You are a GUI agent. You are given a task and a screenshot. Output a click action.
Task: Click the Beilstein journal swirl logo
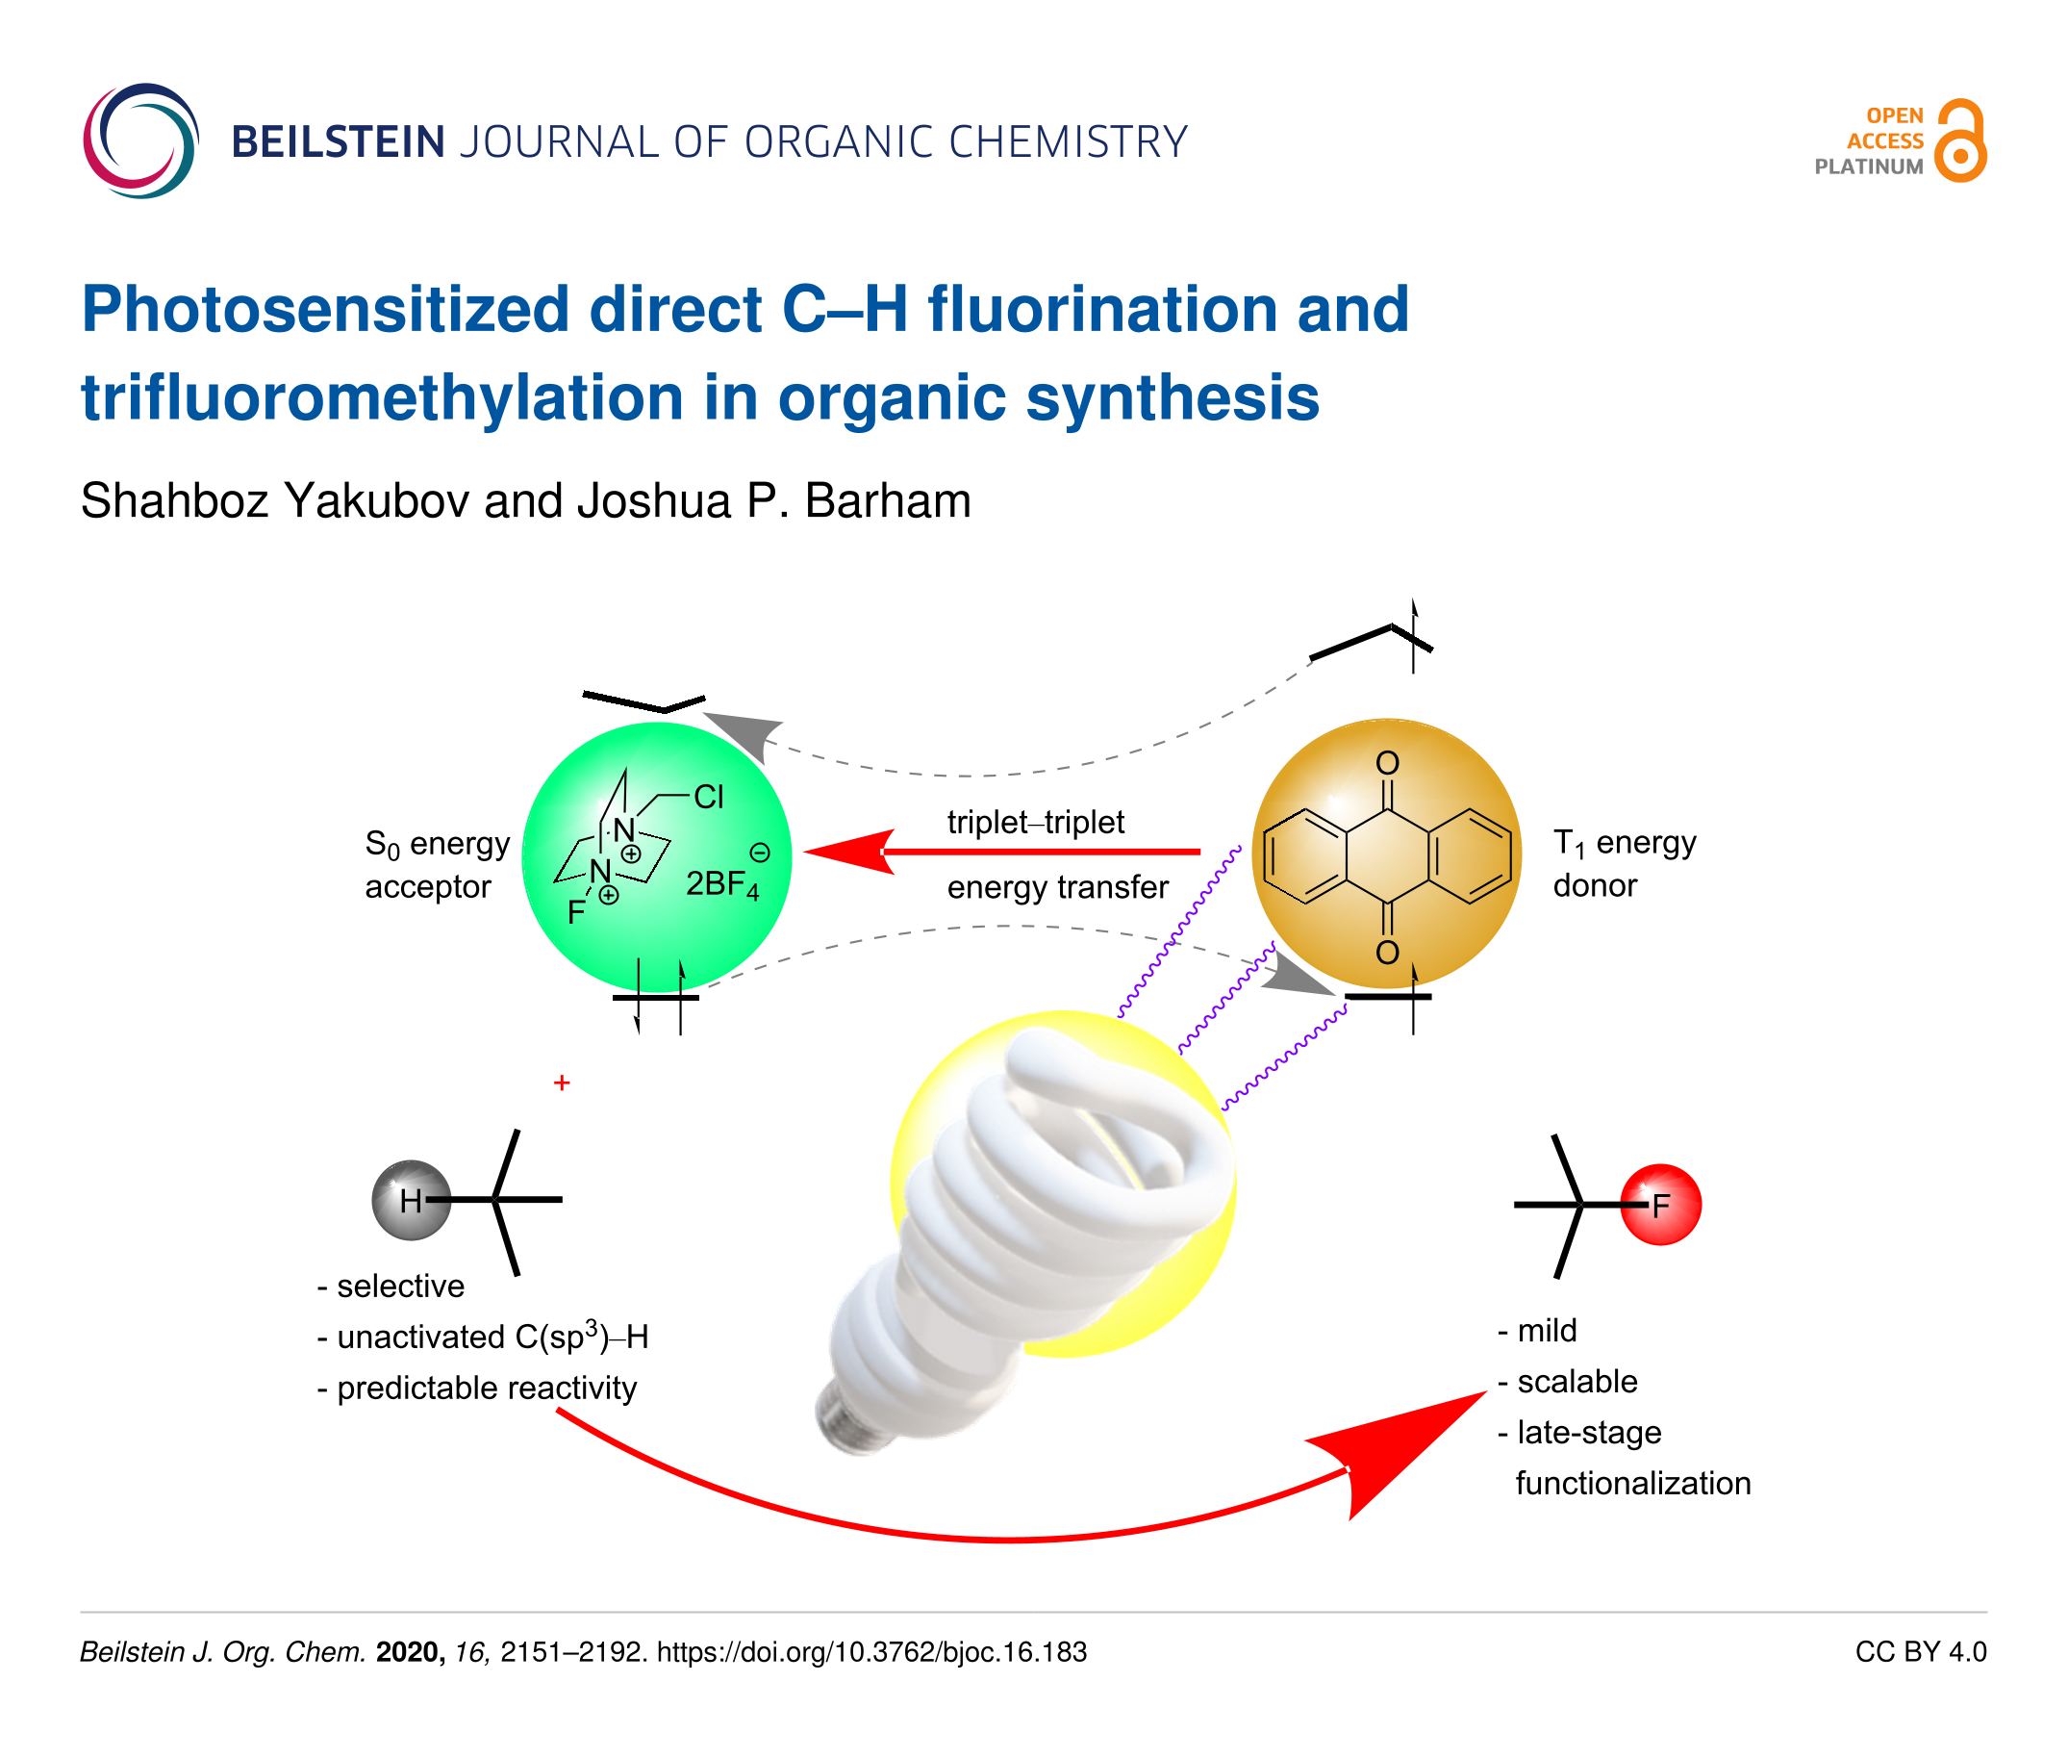pos(140,140)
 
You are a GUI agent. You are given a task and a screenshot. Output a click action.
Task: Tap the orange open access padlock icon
pos(1959,140)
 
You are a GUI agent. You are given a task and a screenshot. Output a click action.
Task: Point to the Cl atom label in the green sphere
pos(708,798)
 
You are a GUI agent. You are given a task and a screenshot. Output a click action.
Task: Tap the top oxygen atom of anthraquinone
pos(1387,763)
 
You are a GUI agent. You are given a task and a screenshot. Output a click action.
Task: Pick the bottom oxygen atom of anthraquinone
pos(1387,953)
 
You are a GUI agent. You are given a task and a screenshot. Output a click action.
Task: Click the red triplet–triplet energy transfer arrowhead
pos(848,853)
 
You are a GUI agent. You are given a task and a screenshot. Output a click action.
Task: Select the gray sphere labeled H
pos(411,1200)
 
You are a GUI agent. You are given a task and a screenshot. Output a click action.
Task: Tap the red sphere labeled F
pos(1659,1205)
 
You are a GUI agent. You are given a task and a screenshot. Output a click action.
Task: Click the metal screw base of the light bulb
pos(846,1415)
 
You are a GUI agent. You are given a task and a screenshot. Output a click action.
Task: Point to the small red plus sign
pos(562,1083)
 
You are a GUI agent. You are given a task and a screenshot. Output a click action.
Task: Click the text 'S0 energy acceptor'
pos(438,865)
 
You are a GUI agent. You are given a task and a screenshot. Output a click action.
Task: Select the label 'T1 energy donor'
pos(1624,864)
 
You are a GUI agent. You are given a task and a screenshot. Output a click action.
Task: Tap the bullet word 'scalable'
pos(1576,1382)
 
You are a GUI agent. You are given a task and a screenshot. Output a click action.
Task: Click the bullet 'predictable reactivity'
pos(487,1389)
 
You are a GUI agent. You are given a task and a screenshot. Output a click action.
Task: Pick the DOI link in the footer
pos(871,1652)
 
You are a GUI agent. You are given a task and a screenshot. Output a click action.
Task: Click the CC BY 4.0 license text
pos(1921,1652)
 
